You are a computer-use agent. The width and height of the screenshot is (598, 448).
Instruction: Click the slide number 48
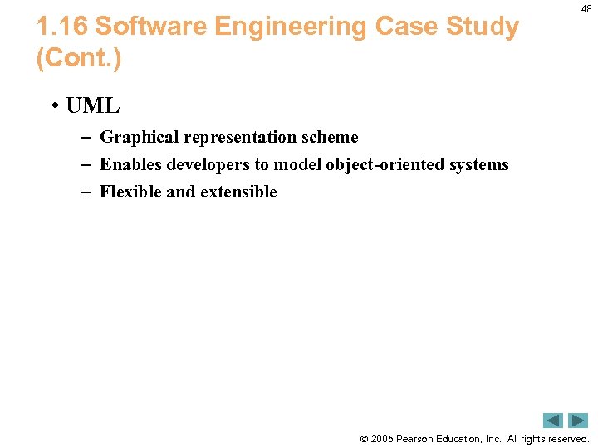click(586, 8)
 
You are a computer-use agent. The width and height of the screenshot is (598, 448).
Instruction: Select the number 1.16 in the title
click(61, 27)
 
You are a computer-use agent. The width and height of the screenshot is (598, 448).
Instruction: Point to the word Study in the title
click(488, 27)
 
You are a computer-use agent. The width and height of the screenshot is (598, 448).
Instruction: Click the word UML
click(92, 106)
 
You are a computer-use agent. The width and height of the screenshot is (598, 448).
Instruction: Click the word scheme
click(331, 138)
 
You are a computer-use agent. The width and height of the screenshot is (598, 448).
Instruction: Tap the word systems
click(478, 165)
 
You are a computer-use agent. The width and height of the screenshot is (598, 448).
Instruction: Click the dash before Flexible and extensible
click(84, 192)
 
